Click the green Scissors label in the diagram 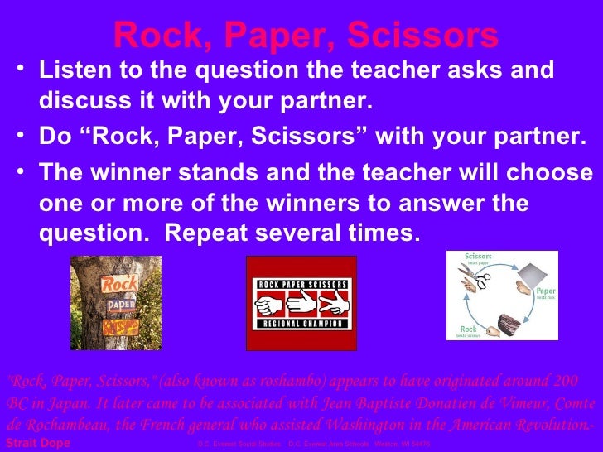[478, 257]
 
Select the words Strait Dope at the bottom [38, 445]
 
